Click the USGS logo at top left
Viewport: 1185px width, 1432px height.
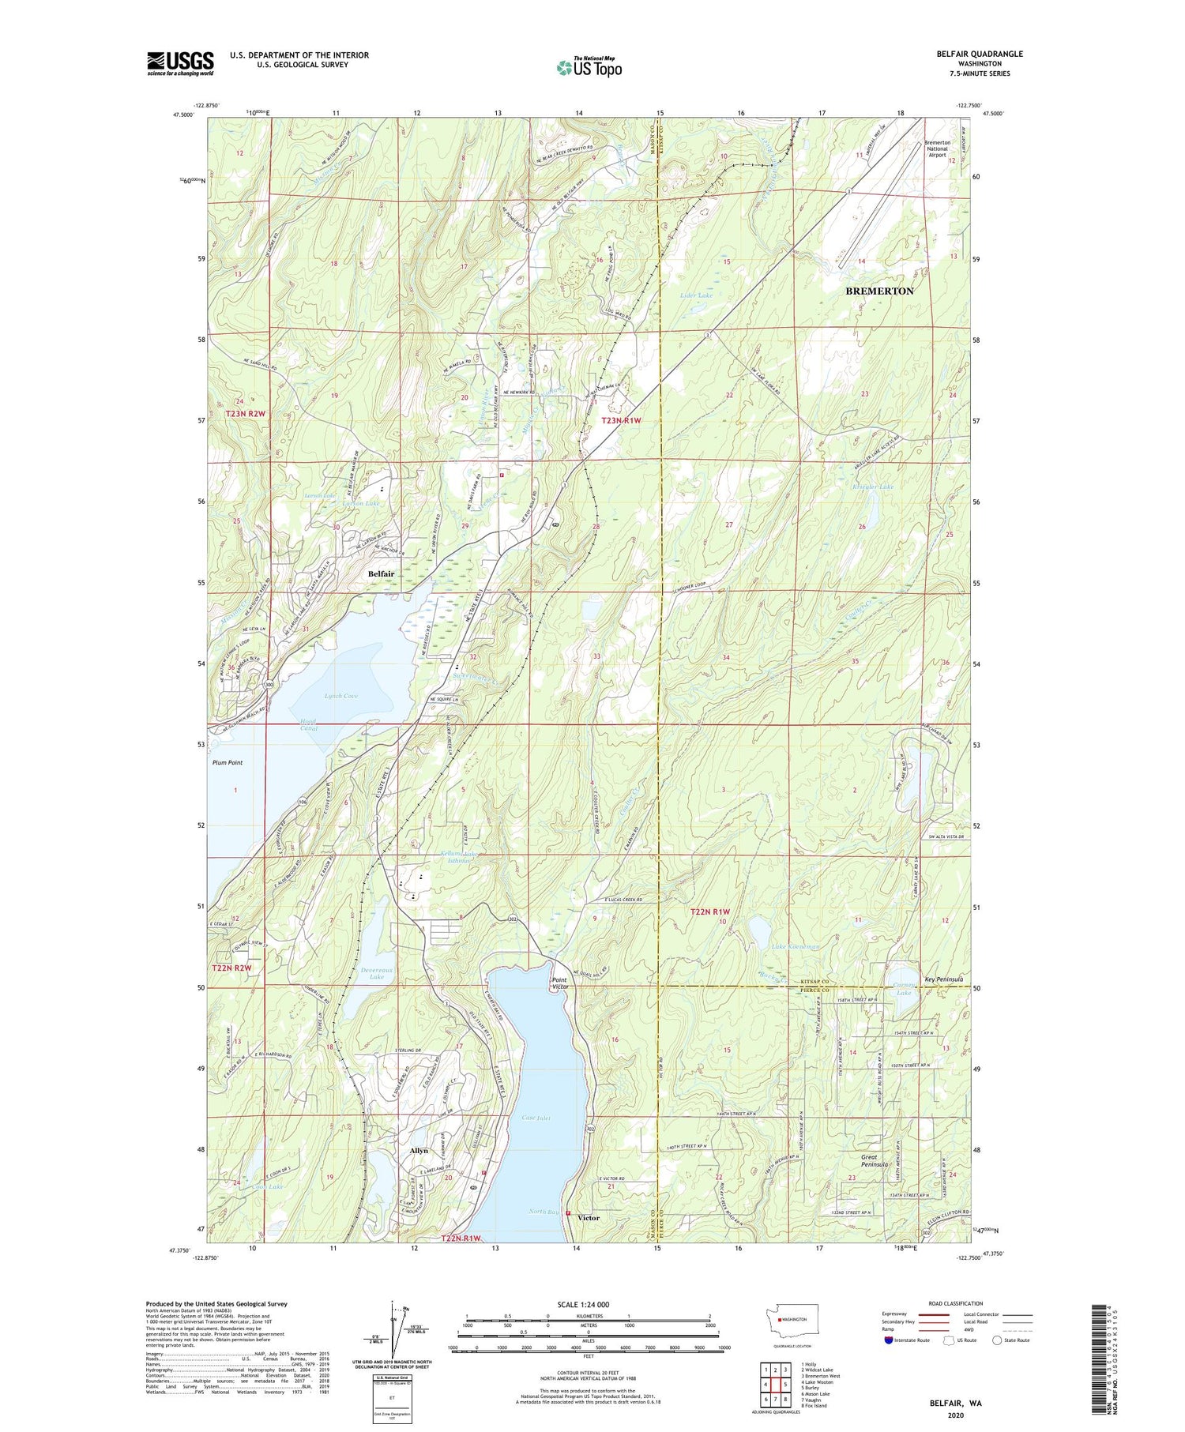coord(180,63)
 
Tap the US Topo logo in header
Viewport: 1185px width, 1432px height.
coord(589,68)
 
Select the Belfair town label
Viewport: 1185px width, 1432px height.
coord(381,573)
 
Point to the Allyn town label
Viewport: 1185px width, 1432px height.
coord(419,1151)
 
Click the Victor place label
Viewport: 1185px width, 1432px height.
coord(589,1217)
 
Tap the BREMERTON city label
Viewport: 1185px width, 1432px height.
coord(879,291)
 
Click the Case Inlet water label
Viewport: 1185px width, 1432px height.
coord(536,1118)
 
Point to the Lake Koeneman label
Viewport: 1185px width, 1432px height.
coord(796,945)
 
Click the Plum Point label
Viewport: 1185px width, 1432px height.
coord(228,762)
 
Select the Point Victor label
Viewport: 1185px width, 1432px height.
coord(560,983)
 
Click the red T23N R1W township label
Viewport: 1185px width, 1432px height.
coord(620,421)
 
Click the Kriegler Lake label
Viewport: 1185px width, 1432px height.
coord(872,487)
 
